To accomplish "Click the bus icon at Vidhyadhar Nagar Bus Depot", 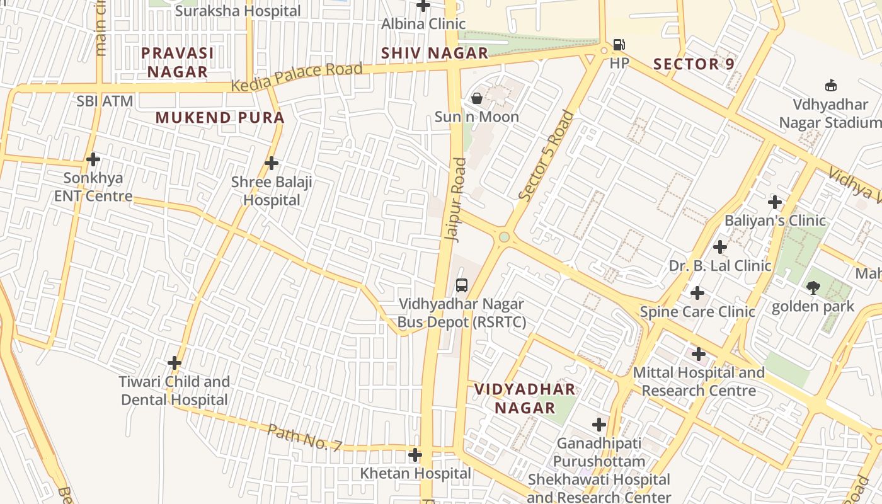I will (x=462, y=285).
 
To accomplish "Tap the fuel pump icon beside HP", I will (x=619, y=45).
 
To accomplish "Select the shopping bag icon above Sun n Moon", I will (x=477, y=98).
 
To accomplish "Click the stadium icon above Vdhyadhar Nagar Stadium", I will (x=830, y=86).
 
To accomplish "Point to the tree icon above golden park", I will (x=813, y=288).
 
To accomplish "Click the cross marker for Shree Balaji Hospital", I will (x=272, y=163).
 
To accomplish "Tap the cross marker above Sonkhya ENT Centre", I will (x=93, y=159).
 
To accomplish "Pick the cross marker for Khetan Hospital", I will (x=415, y=454).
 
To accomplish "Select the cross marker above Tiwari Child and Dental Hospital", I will (x=175, y=363).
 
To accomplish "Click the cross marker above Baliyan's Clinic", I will (x=775, y=202).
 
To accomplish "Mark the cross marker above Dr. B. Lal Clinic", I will (x=720, y=247).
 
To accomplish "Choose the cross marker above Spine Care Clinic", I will (x=697, y=293).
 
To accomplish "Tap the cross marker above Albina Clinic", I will (x=423, y=6).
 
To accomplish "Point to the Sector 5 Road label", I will (x=546, y=156).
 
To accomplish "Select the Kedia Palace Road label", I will (x=297, y=77).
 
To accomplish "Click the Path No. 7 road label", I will (x=304, y=437).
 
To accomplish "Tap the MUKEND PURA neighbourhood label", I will (x=220, y=118).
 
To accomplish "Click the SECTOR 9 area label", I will (x=694, y=64).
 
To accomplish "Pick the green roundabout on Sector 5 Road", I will (x=504, y=237).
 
